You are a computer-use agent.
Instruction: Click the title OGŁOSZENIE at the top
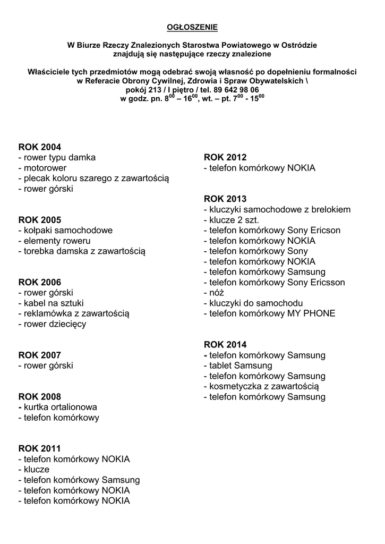[x=192, y=27]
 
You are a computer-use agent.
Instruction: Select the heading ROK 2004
[x=40, y=147]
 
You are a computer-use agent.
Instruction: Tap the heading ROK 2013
[x=225, y=199]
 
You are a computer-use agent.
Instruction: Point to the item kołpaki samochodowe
[x=65, y=231]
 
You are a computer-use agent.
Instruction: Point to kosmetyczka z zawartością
[x=264, y=386]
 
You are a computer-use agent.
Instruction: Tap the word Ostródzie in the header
[x=298, y=46]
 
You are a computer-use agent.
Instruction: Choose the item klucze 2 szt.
[x=234, y=220]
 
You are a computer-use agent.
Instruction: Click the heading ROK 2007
[x=40, y=355]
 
